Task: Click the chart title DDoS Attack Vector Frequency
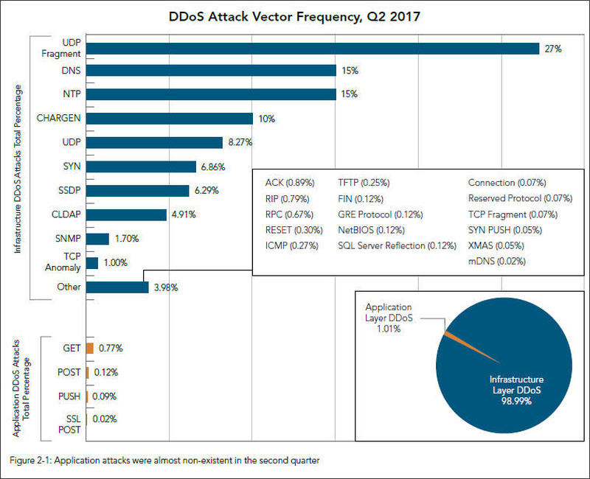[294, 15]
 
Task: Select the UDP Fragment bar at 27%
[313, 49]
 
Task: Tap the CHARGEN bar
[170, 118]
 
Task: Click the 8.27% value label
[240, 142]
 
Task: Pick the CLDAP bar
[126, 215]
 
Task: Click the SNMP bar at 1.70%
[98, 239]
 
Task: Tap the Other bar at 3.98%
[118, 287]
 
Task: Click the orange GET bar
[90, 348]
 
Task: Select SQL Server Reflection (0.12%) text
[397, 245]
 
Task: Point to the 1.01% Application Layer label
[387, 329]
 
